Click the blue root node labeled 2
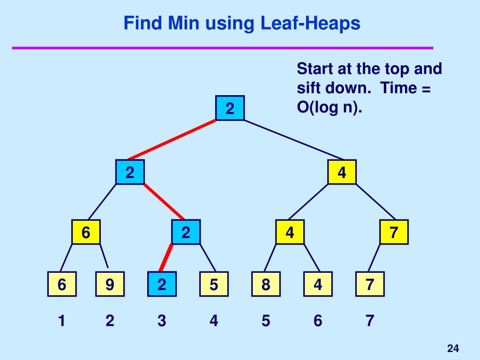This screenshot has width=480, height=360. click(x=230, y=108)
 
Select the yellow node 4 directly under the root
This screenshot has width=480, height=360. click(x=342, y=172)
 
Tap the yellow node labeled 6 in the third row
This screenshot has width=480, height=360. click(x=86, y=232)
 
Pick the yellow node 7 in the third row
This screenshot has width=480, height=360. click(x=394, y=232)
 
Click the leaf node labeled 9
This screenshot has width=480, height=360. click(x=110, y=284)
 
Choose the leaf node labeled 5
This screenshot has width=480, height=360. click(x=214, y=284)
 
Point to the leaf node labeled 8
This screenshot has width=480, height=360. click(x=266, y=284)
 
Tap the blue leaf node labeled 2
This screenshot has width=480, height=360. click(x=162, y=284)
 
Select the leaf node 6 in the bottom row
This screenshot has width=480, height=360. click(x=62, y=284)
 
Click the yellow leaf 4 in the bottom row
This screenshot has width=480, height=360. click(x=318, y=284)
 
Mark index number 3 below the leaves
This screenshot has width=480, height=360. click(x=162, y=321)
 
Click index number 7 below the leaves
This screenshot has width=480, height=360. click(x=370, y=321)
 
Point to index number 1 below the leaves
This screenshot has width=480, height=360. click(x=61, y=321)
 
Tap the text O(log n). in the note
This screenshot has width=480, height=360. click(x=330, y=107)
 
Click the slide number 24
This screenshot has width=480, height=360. click(x=452, y=348)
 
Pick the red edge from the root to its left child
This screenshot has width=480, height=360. click(x=172, y=140)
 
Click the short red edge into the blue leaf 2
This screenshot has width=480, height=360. click(x=165, y=257)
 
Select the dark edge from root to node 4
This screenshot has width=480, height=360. click(x=293, y=140)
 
